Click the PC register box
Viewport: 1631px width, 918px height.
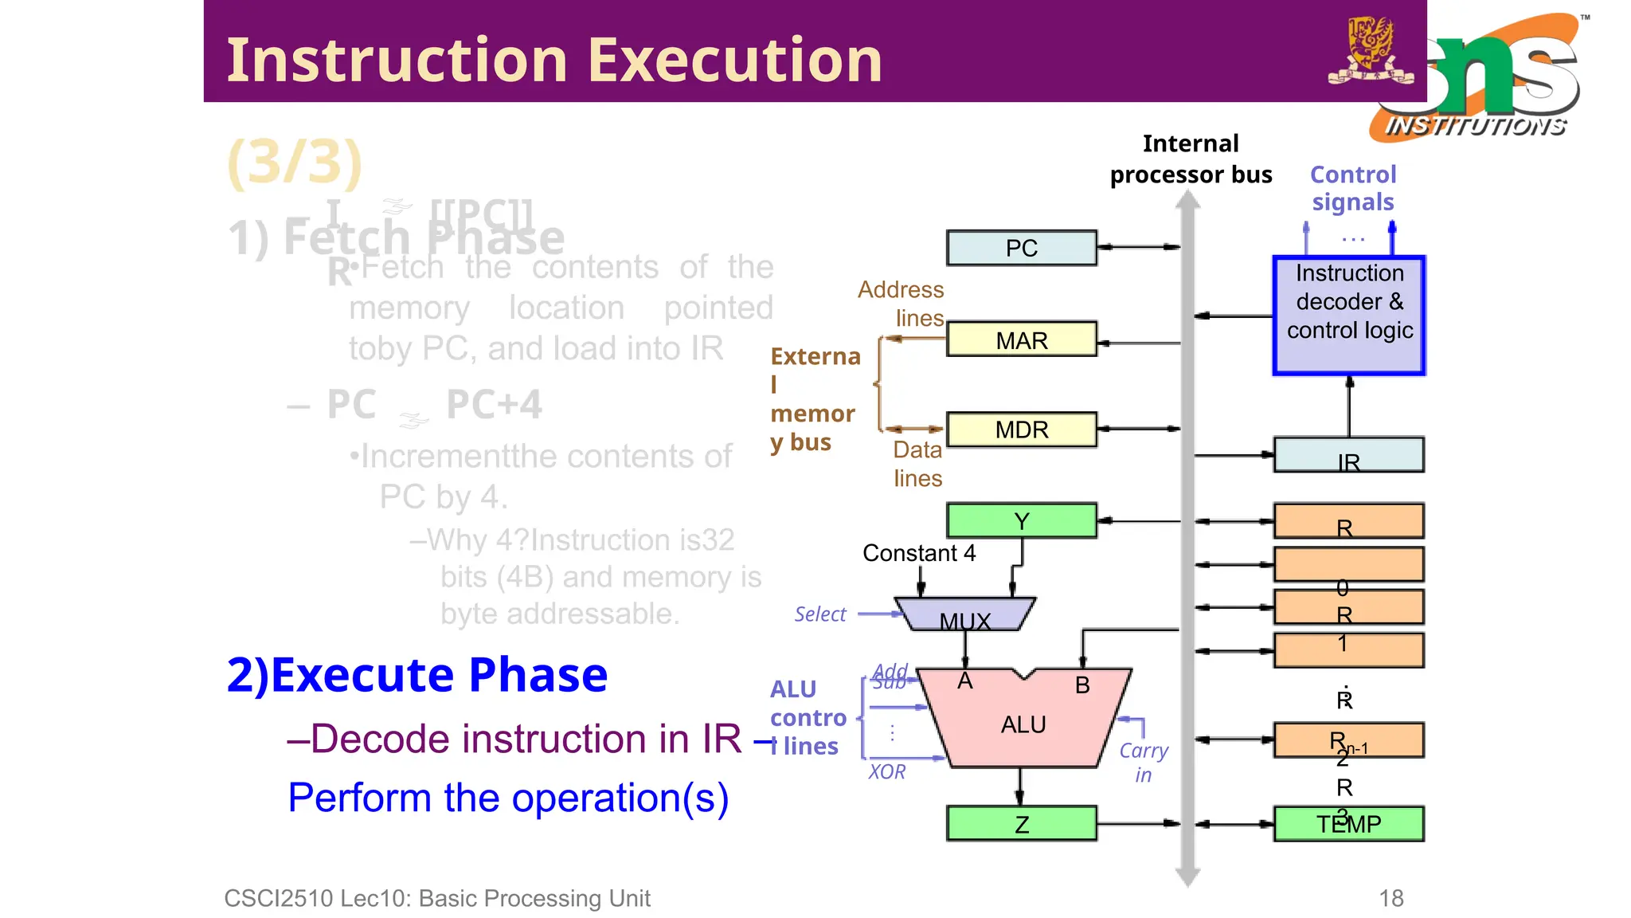click(x=1021, y=248)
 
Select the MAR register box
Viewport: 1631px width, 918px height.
click(x=1021, y=340)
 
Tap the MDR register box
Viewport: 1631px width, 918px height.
click(x=1021, y=430)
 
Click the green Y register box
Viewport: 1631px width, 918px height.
click(x=1021, y=521)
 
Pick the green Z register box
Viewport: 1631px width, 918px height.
click(x=1021, y=824)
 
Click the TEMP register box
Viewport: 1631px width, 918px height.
click(x=1348, y=824)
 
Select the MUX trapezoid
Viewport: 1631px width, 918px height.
click(x=964, y=614)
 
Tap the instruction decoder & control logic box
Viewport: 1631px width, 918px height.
click(x=1349, y=315)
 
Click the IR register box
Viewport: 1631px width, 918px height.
click(x=1348, y=455)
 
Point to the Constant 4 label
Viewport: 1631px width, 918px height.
click(x=919, y=553)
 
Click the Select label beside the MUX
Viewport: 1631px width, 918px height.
click(x=819, y=614)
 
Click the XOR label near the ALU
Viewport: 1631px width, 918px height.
click(x=887, y=771)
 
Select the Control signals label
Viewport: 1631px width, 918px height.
click(x=1353, y=188)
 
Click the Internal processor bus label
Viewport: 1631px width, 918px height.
click(x=1191, y=159)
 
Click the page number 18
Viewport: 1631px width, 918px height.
click(x=1390, y=898)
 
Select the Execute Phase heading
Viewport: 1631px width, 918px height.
click(x=417, y=675)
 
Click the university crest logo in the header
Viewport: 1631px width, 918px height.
click(x=1370, y=49)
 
